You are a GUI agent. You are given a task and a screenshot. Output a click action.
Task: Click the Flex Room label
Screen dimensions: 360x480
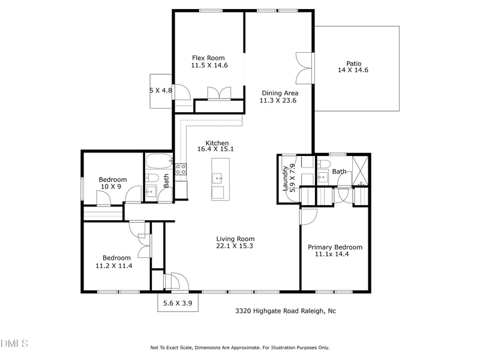tap(208, 58)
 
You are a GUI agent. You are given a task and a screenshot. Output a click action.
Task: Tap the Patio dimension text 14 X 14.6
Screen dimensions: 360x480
tap(353, 70)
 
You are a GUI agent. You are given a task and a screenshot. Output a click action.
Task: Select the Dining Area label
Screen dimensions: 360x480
tap(280, 93)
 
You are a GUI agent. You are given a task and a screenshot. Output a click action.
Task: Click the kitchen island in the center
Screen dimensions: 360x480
tap(220, 179)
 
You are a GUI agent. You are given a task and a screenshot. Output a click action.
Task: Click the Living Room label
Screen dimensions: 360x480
tap(235, 238)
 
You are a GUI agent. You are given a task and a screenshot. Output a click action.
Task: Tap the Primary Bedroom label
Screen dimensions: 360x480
tap(335, 247)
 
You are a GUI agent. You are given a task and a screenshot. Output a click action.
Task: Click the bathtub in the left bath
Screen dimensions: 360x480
tap(159, 161)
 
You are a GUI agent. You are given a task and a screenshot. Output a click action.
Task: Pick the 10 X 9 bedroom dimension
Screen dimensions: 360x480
tap(110, 187)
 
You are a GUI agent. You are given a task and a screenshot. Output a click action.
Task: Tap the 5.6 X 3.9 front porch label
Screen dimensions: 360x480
tap(178, 304)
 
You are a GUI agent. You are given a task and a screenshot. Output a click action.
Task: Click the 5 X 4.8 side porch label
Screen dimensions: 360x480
tap(160, 91)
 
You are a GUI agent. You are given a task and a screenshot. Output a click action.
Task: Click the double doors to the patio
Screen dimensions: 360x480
tap(305, 68)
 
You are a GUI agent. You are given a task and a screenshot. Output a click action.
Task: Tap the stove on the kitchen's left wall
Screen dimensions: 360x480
tap(181, 168)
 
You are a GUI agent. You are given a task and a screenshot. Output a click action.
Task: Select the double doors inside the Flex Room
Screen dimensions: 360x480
tap(218, 94)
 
